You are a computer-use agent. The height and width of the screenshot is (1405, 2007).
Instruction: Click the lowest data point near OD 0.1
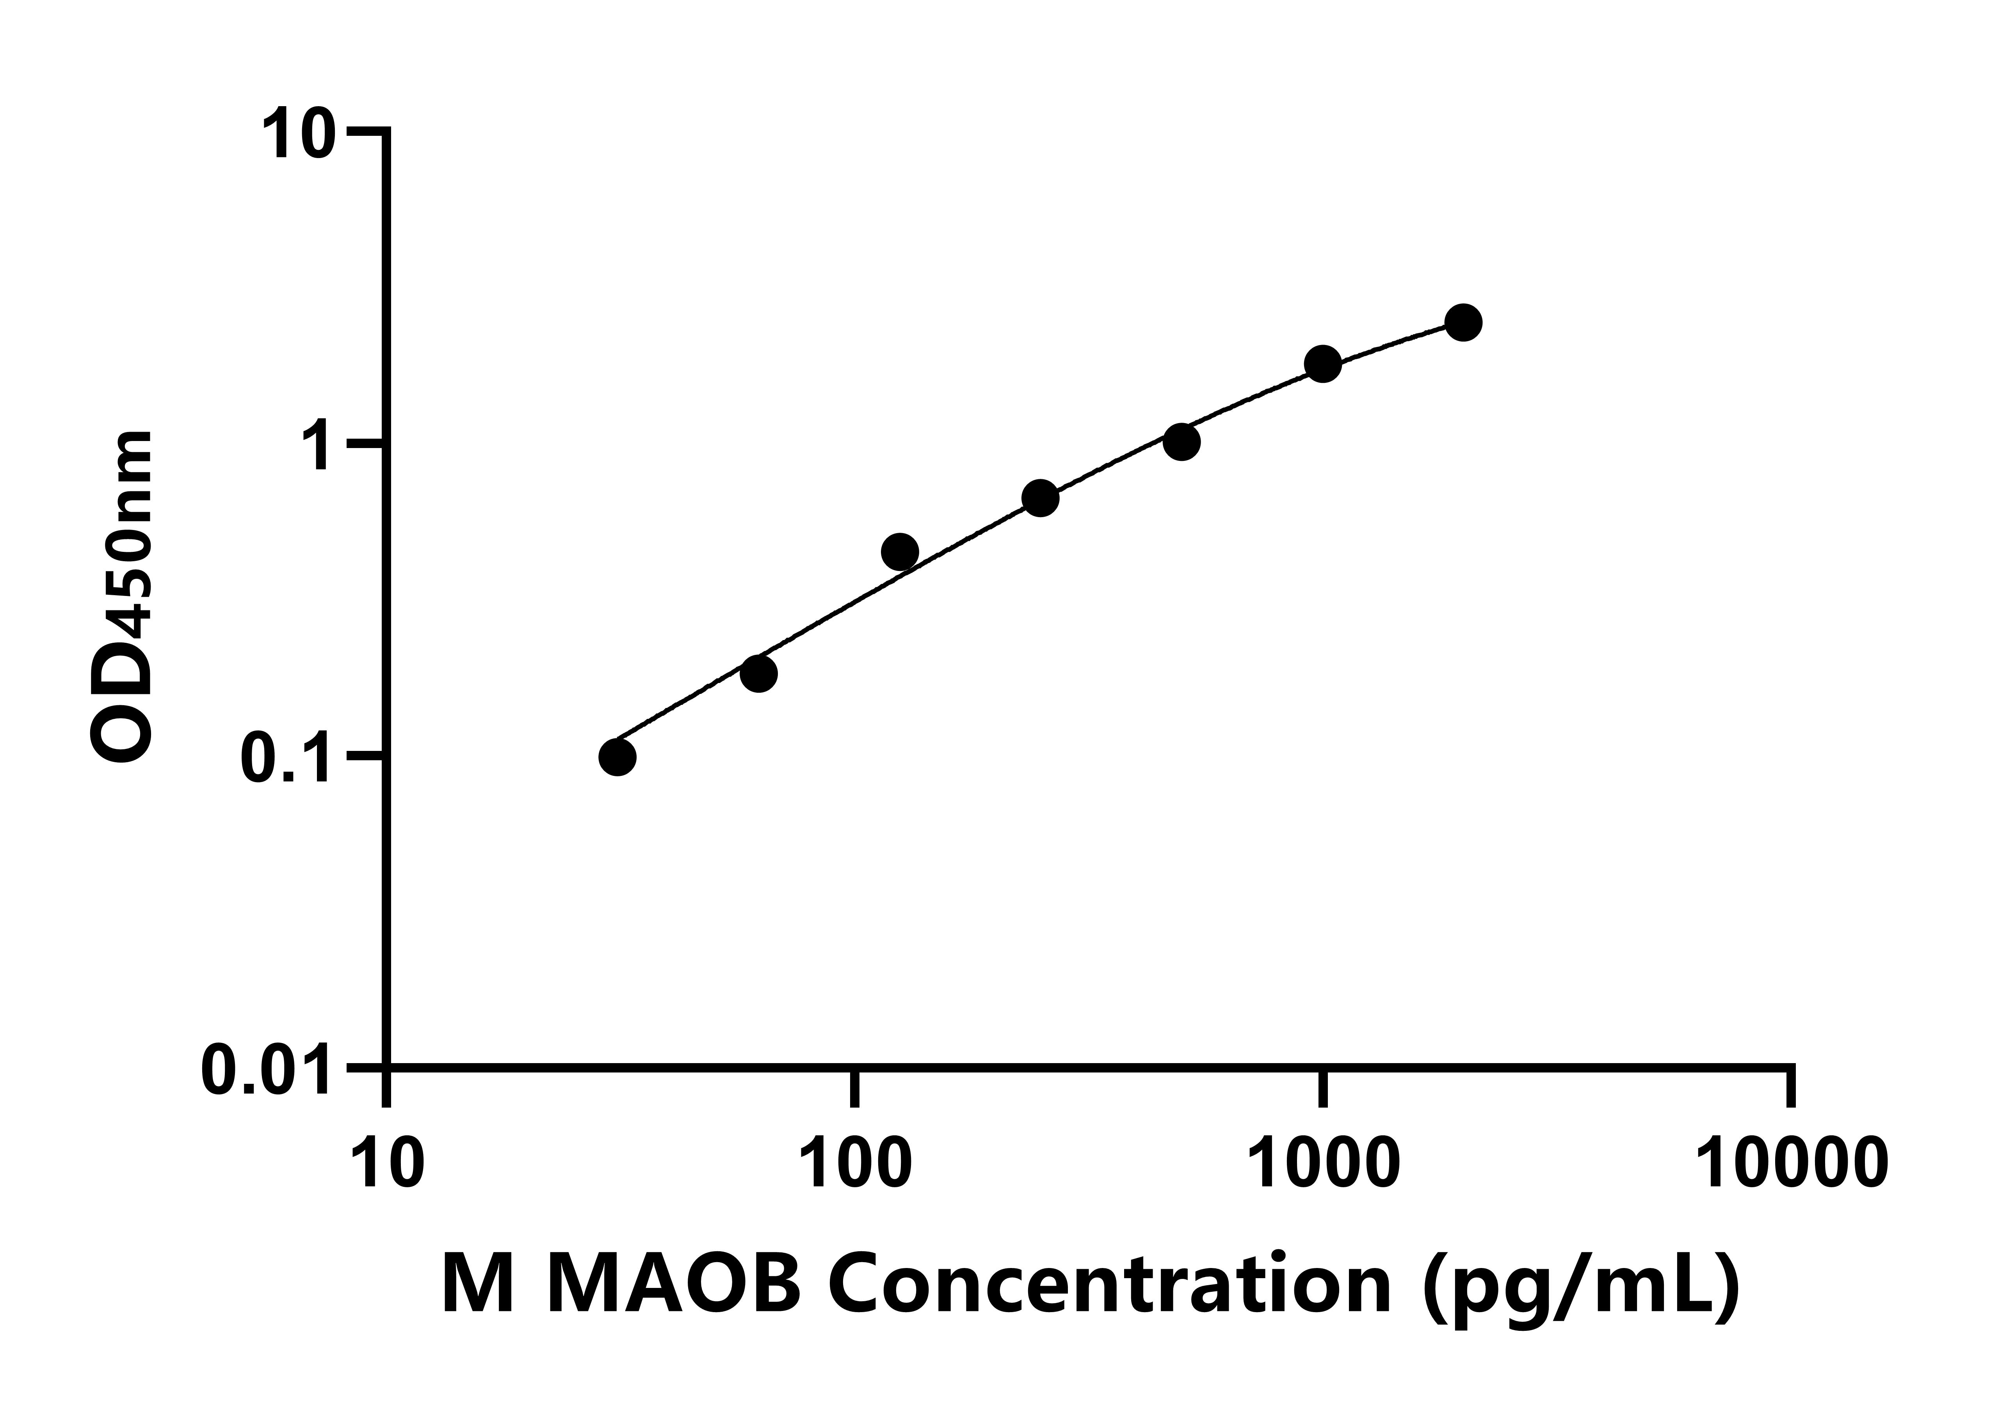coord(617,757)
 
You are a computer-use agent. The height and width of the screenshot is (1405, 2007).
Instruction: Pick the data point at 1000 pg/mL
coord(1322,364)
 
